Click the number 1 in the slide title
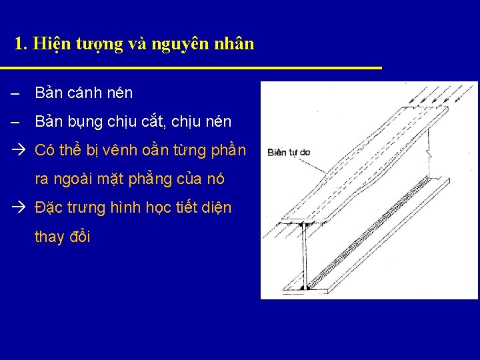(19, 45)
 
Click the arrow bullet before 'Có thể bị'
(19, 151)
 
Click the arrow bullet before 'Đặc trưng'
(19, 208)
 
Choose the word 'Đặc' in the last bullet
(49, 208)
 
